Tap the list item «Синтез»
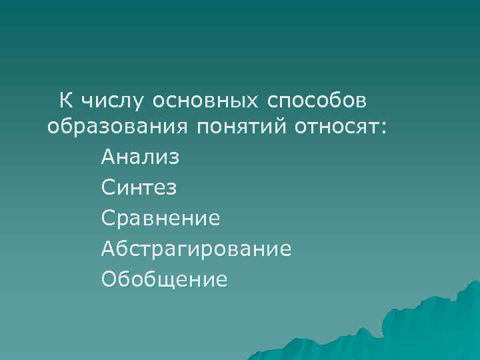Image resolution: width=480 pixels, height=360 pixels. click(139, 187)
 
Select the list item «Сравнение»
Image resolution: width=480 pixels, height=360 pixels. click(161, 218)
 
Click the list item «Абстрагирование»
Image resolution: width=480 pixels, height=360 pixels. click(197, 249)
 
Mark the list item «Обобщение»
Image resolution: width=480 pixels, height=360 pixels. click(165, 279)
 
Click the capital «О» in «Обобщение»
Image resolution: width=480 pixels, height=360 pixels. click(110, 279)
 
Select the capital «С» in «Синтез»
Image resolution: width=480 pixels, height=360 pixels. click(109, 187)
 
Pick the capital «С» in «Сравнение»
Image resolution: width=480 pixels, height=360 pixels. click(109, 218)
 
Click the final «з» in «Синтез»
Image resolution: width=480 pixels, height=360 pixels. click(172, 189)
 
